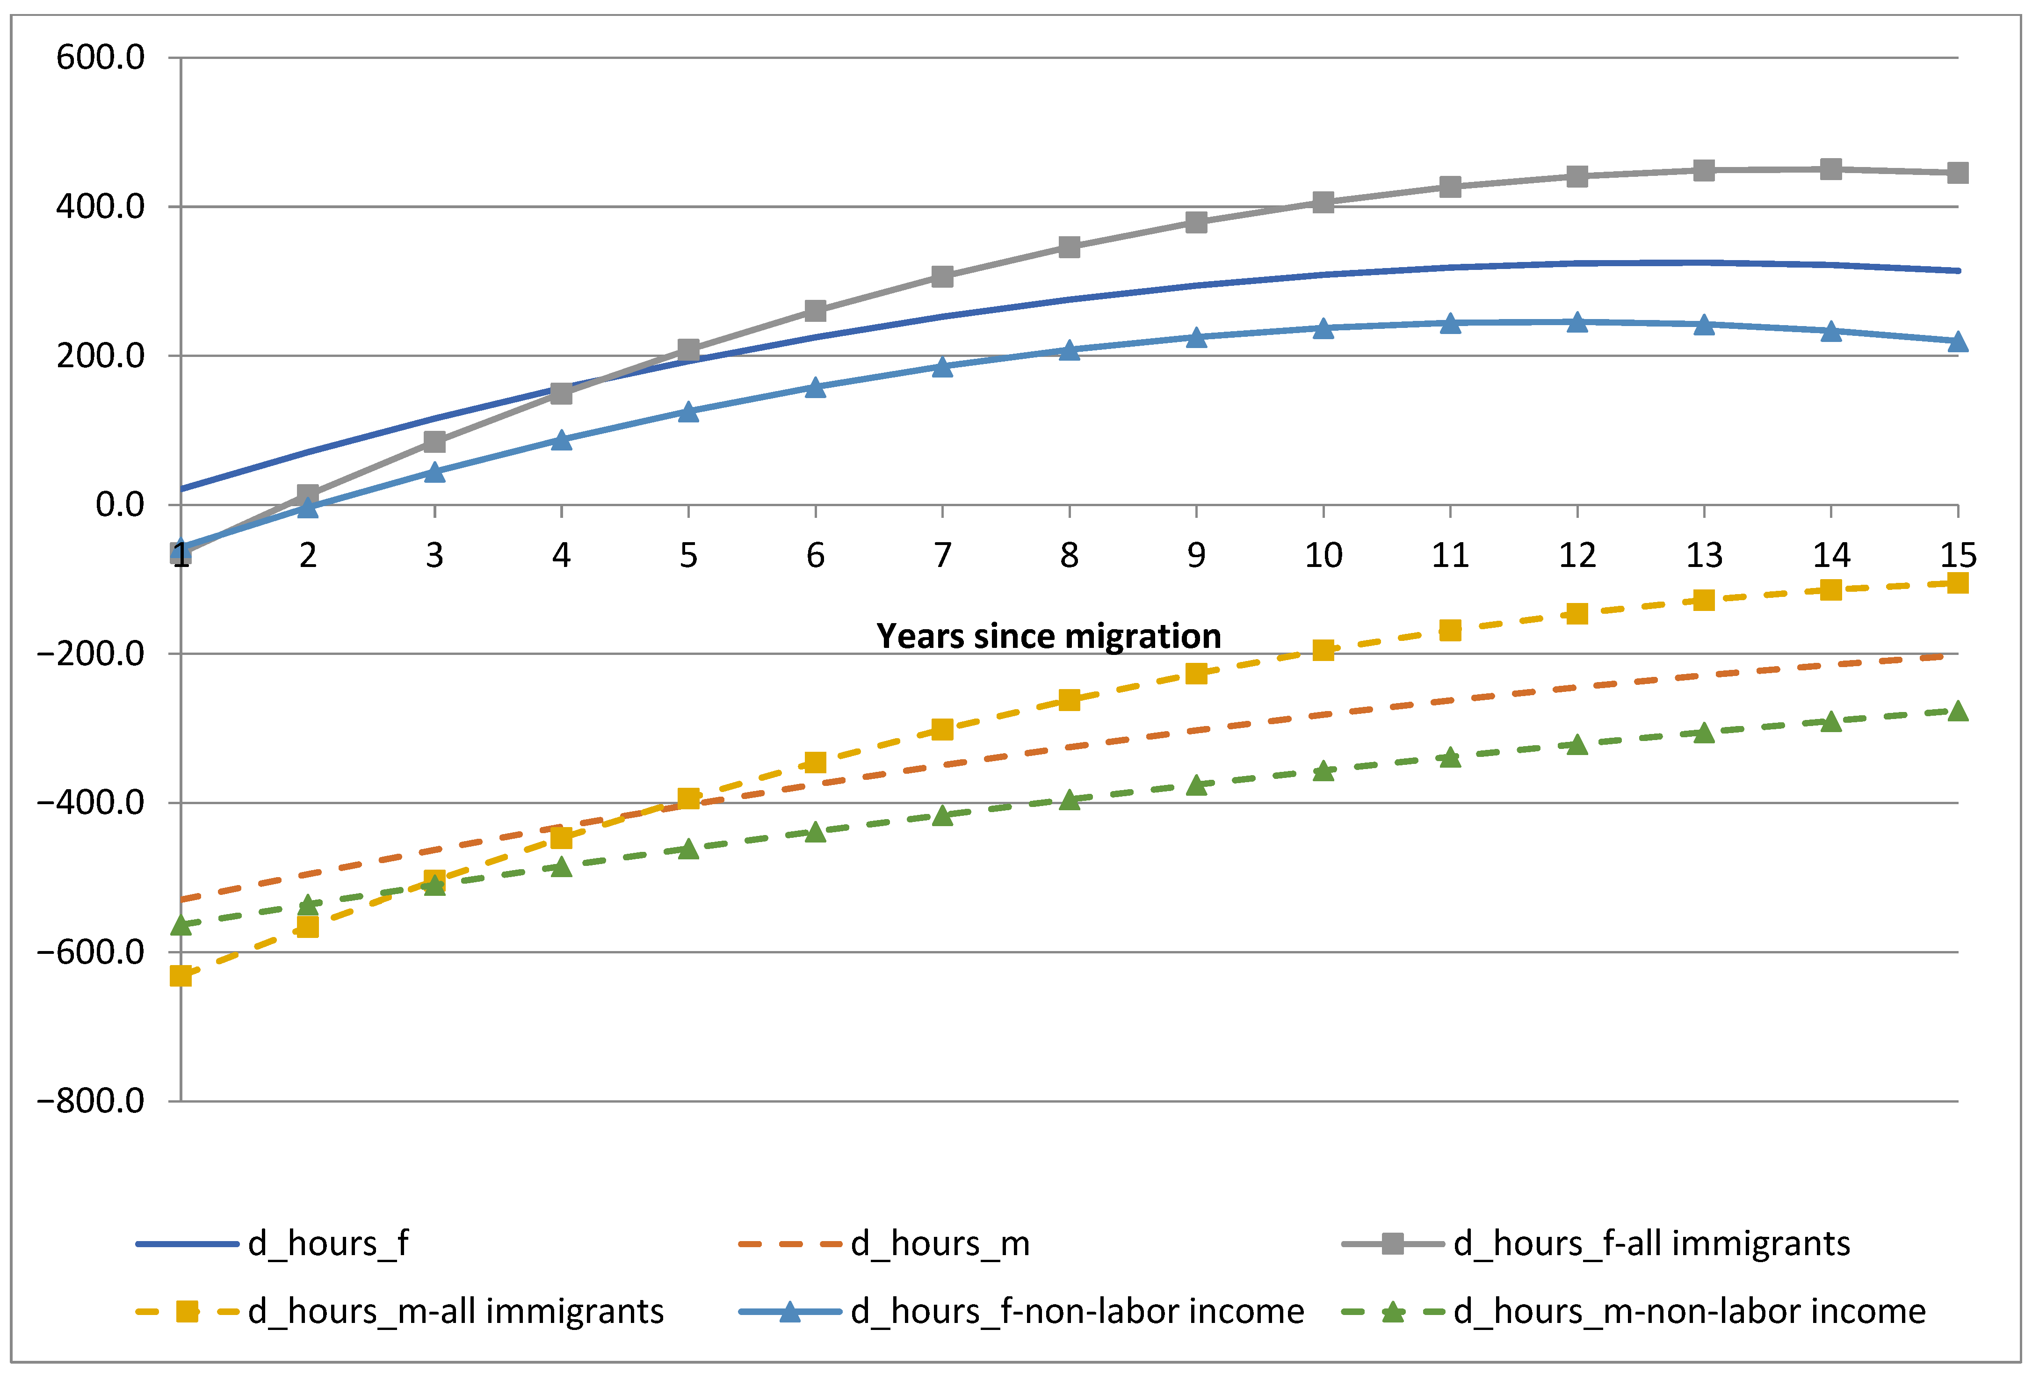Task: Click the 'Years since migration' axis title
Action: coord(1049,636)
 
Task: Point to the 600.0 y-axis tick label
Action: coord(100,58)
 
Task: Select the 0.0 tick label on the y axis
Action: coord(120,505)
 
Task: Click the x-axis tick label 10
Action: coord(1323,555)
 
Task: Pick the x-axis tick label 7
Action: coord(942,555)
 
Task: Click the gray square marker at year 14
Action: coord(1831,169)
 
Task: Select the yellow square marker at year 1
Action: coord(181,975)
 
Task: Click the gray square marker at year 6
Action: coord(815,311)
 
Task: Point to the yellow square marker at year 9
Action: coord(1196,673)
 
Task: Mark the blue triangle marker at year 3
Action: coord(434,472)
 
